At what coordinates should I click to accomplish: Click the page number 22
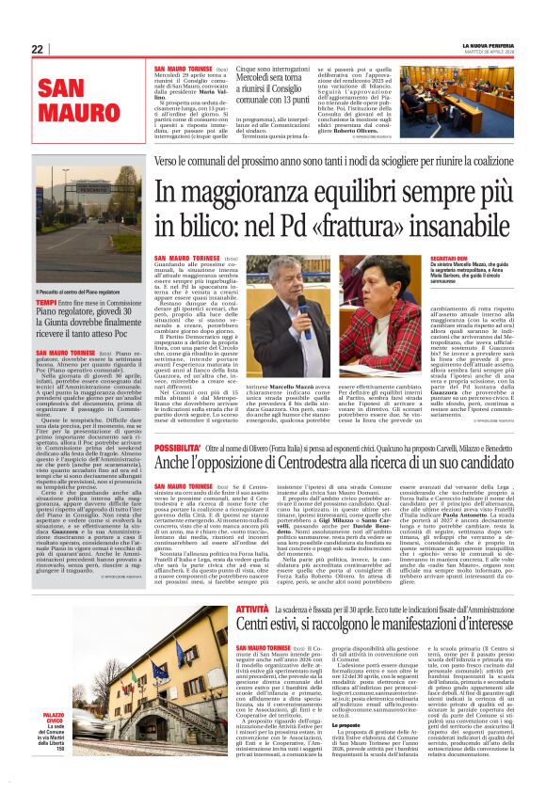coord(37,49)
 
